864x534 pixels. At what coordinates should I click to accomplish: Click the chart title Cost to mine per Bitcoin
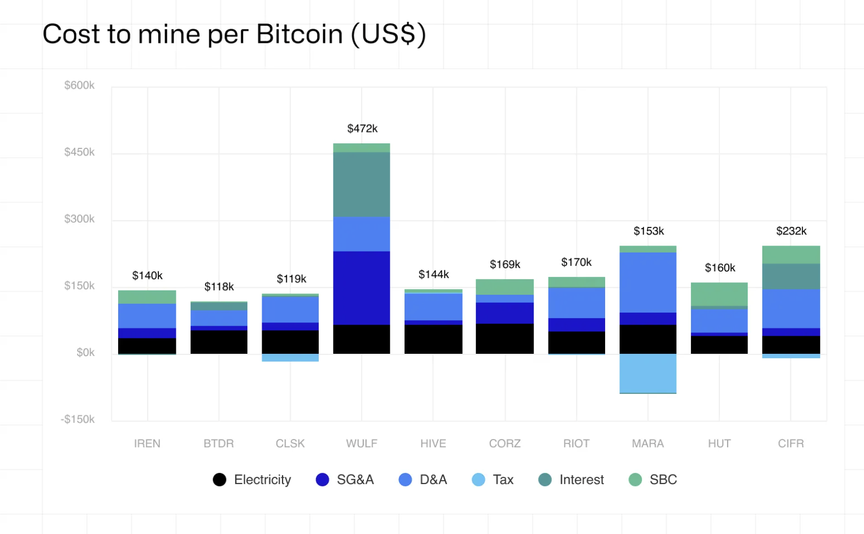[x=234, y=34]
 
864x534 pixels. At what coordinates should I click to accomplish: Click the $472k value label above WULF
[x=362, y=129]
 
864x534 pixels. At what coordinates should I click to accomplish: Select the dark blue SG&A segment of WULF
[x=362, y=288]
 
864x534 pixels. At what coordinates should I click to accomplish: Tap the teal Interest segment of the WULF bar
[x=362, y=185]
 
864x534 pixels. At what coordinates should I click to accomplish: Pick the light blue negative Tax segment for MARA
[x=647, y=374]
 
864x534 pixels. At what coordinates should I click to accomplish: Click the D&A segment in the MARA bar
[x=647, y=282]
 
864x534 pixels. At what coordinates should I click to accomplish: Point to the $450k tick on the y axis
[x=79, y=152]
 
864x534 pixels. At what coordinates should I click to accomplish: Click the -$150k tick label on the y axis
[x=77, y=419]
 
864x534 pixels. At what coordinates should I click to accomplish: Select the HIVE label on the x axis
[x=433, y=443]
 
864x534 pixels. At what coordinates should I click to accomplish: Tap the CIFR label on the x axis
[x=790, y=443]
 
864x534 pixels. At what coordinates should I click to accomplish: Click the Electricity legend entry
[x=252, y=480]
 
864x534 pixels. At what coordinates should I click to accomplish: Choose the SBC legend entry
[x=653, y=480]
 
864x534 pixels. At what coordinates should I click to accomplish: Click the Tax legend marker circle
[x=479, y=480]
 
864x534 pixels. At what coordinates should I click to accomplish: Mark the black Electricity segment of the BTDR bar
[x=219, y=342]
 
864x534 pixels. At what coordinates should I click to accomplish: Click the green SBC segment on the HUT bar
[x=719, y=294]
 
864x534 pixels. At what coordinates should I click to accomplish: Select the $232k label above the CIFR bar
[x=791, y=231]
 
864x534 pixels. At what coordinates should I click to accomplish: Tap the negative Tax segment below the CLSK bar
[x=290, y=358]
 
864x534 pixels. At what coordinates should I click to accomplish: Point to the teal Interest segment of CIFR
[x=790, y=276]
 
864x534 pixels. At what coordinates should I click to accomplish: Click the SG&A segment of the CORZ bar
[x=505, y=313]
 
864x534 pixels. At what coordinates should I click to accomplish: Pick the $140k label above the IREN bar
[x=147, y=276]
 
